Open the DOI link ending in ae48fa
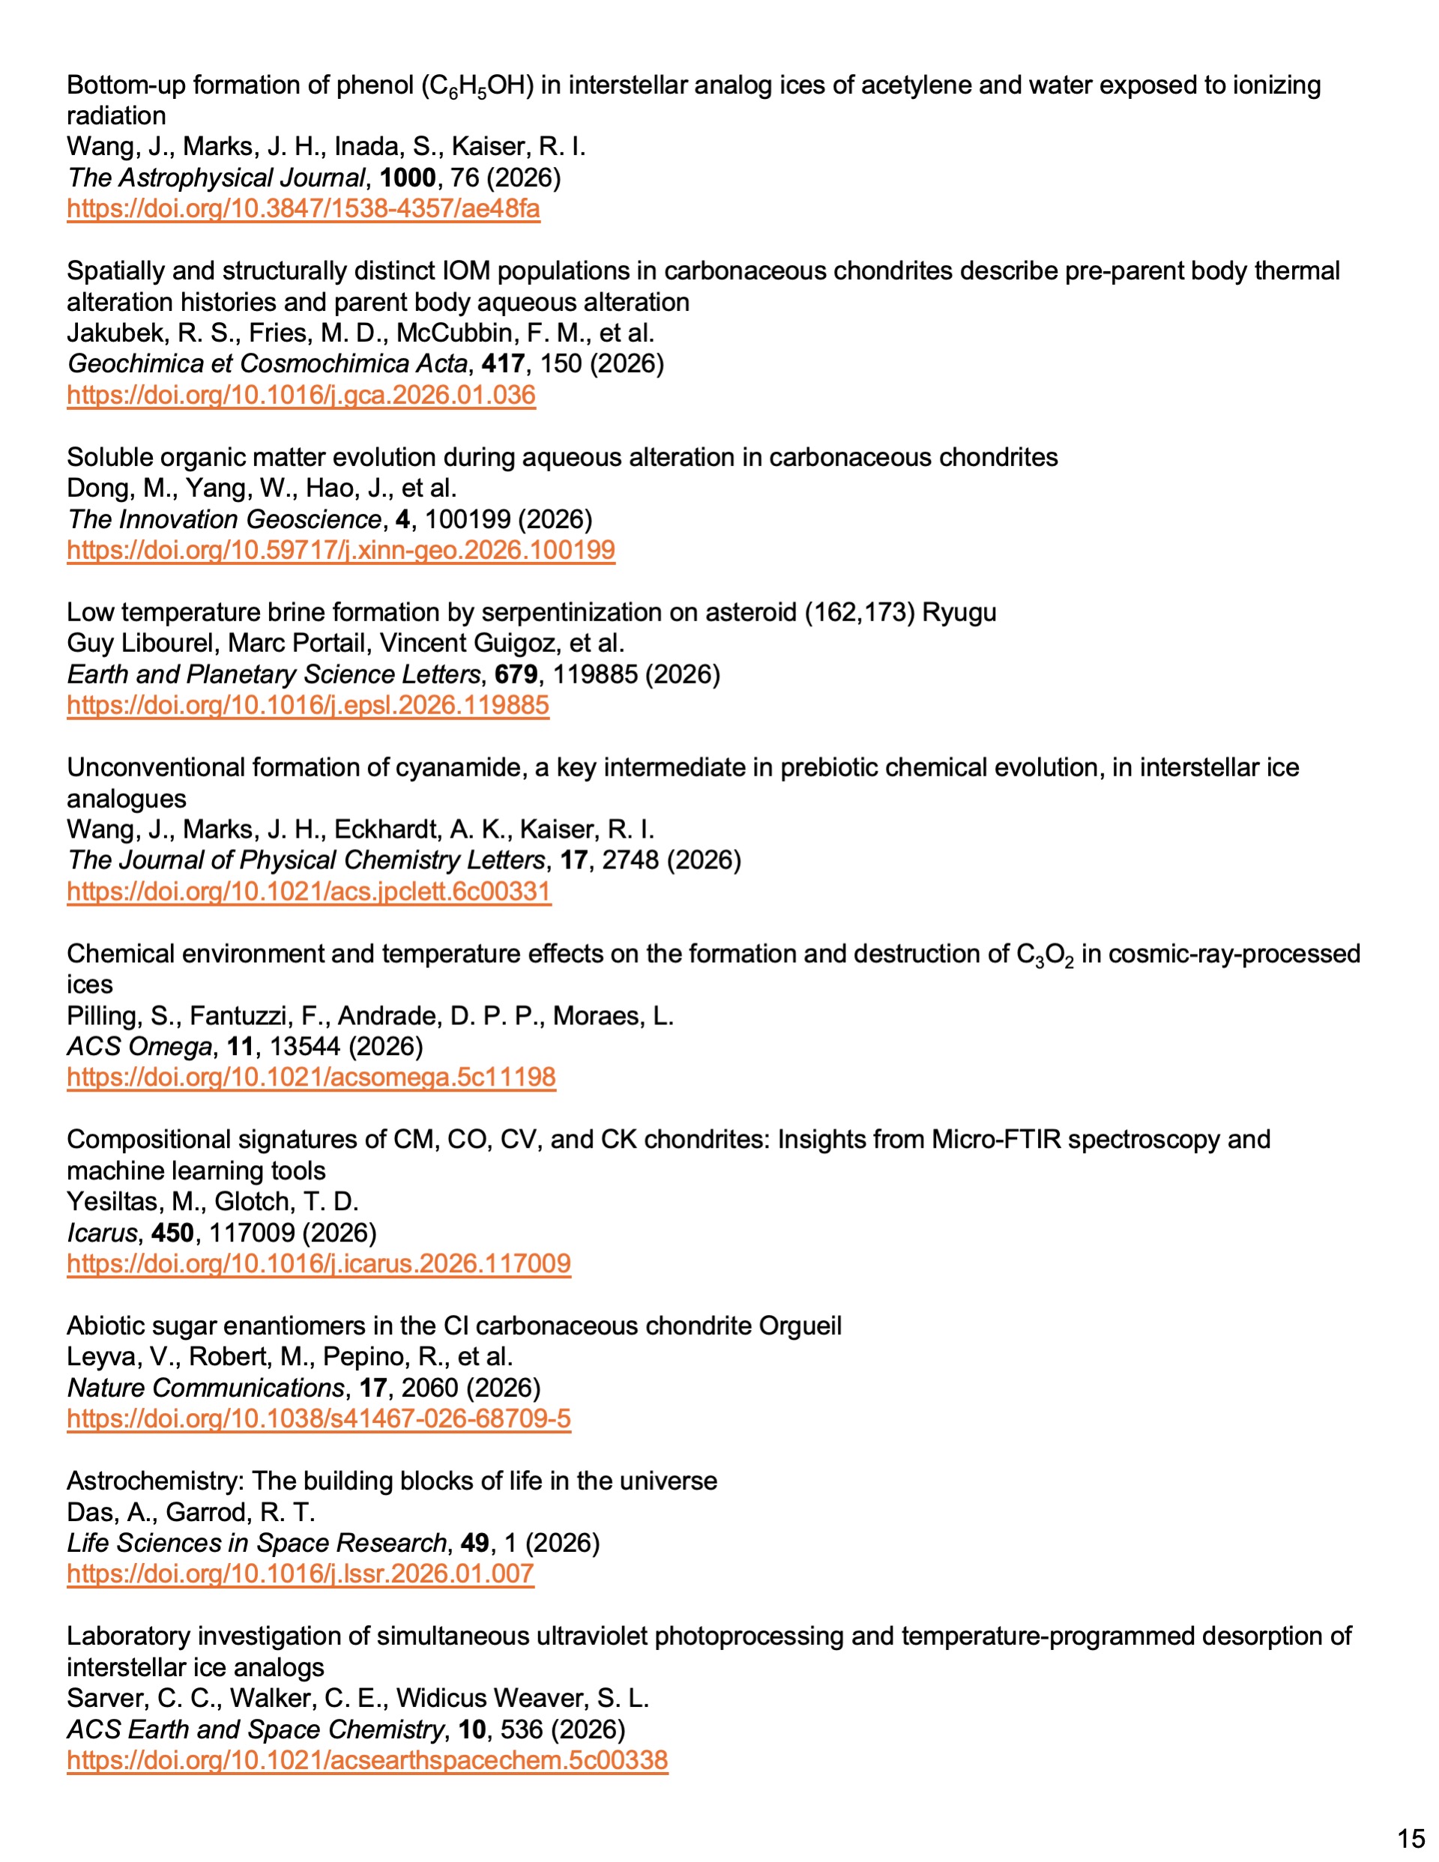click(303, 209)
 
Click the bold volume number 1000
click(407, 178)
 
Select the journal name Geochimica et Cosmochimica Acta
click(267, 364)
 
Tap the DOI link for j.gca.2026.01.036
click(301, 395)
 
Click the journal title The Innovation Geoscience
click(224, 519)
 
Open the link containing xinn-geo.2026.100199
click(340, 550)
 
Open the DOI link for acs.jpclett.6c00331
click(309, 891)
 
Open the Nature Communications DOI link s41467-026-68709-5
click(319, 1418)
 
